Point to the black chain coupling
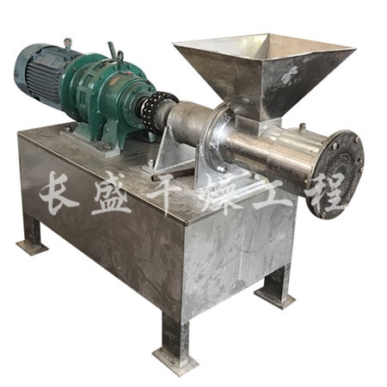coord(157,110)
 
